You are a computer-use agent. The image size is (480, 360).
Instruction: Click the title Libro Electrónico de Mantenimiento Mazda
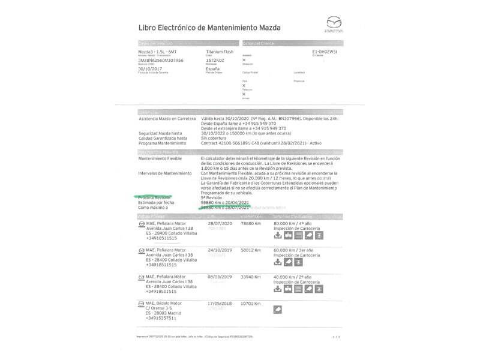pos(209,28)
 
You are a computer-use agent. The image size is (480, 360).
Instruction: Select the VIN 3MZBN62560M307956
pos(161,61)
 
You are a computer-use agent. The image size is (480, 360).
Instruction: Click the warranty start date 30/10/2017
pos(150,69)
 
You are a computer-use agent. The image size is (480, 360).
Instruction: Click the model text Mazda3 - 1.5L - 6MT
pos(157,53)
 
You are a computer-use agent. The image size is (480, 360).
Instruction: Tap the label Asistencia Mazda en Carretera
pos(167,119)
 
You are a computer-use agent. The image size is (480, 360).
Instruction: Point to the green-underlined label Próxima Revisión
pos(155,197)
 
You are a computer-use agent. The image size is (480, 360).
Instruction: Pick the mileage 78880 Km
pos(251,224)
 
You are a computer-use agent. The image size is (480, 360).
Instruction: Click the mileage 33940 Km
pos(251,277)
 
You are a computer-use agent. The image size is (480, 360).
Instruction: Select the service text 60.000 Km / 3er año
pos(296,251)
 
